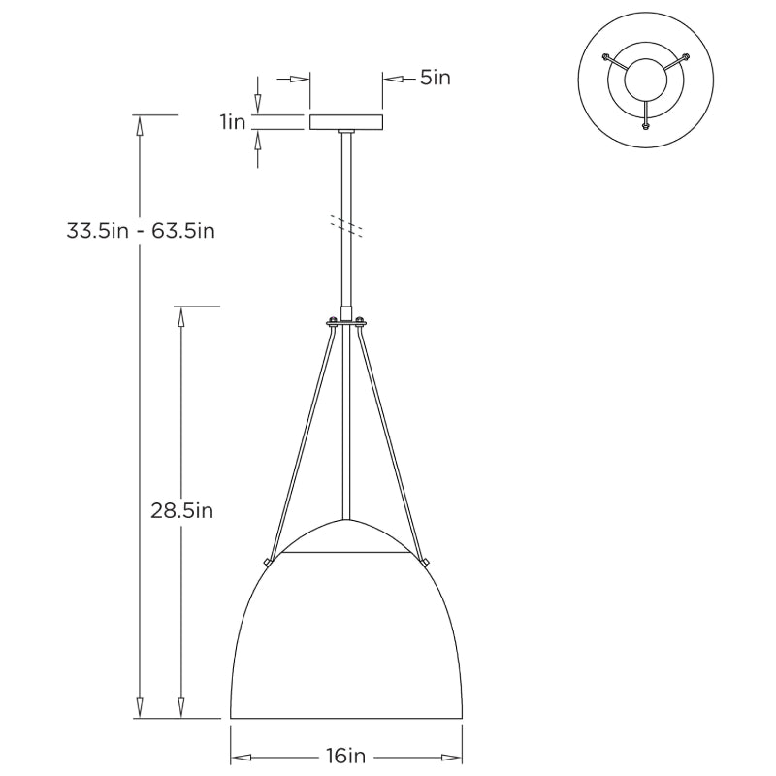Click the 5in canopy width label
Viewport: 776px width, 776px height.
(x=436, y=79)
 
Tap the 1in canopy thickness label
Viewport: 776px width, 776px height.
(x=232, y=122)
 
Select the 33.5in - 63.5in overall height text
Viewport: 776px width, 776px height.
(x=141, y=231)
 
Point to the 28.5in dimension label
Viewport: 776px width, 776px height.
(x=181, y=510)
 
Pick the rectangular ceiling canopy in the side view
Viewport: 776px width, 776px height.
(x=346, y=122)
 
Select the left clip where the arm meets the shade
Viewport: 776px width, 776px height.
(x=267, y=561)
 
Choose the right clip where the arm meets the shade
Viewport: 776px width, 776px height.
(x=426, y=561)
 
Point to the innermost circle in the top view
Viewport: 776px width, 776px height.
(x=645, y=81)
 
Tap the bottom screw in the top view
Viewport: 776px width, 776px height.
(x=645, y=124)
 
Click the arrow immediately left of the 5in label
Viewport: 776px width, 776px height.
(x=392, y=79)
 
